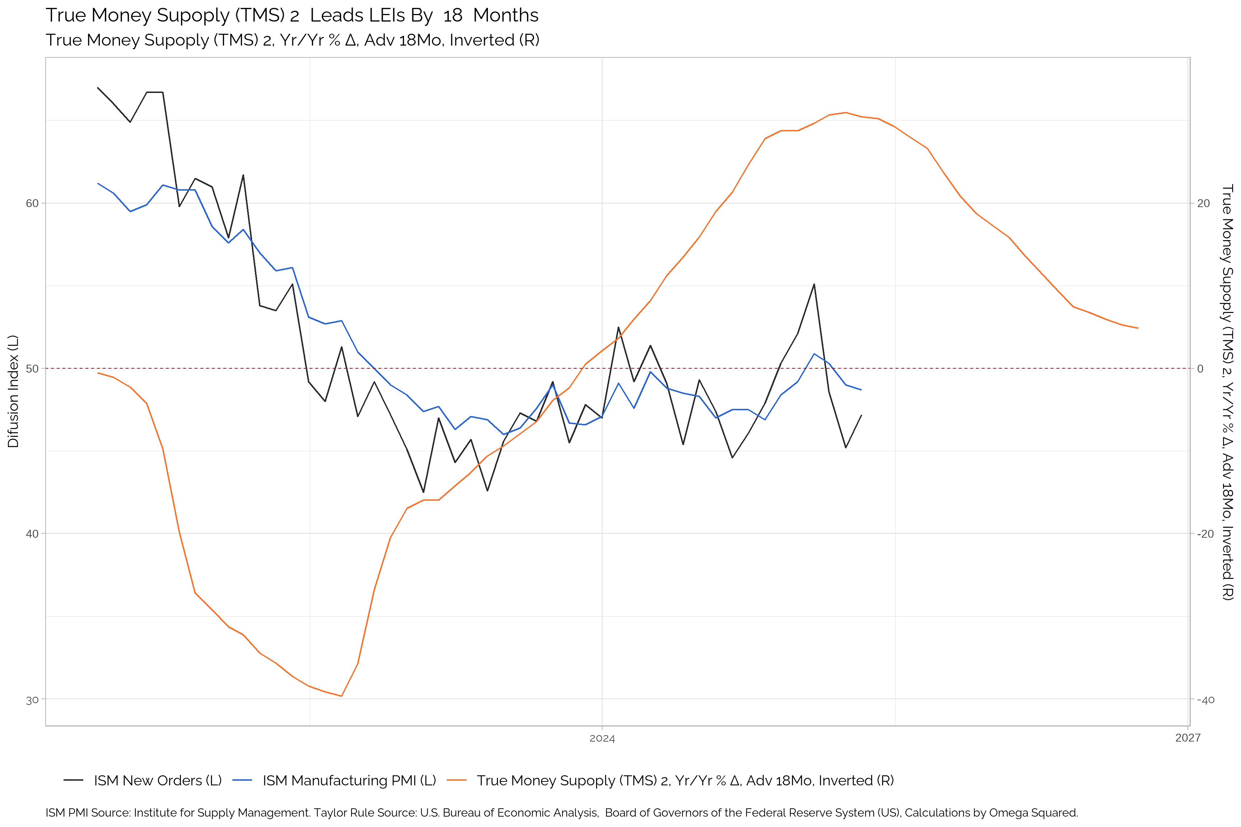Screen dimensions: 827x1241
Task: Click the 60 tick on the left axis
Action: (x=32, y=203)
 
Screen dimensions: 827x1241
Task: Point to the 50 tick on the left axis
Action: (x=32, y=368)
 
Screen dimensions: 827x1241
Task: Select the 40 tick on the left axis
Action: (x=32, y=534)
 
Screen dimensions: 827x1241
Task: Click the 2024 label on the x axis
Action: (x=602, y=738)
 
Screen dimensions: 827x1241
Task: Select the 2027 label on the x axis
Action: (x=1188, y=738)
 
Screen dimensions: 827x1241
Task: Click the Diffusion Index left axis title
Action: (x=13, y=391)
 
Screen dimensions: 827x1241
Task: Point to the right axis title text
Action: (x=1227, y=391)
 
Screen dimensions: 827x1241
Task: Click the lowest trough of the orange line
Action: (x=341, y=696)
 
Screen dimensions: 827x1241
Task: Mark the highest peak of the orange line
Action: (x=845, y=112)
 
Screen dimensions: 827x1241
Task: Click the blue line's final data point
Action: (x=861, y=390)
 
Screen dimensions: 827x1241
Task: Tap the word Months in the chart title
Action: (x=506, y=15)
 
